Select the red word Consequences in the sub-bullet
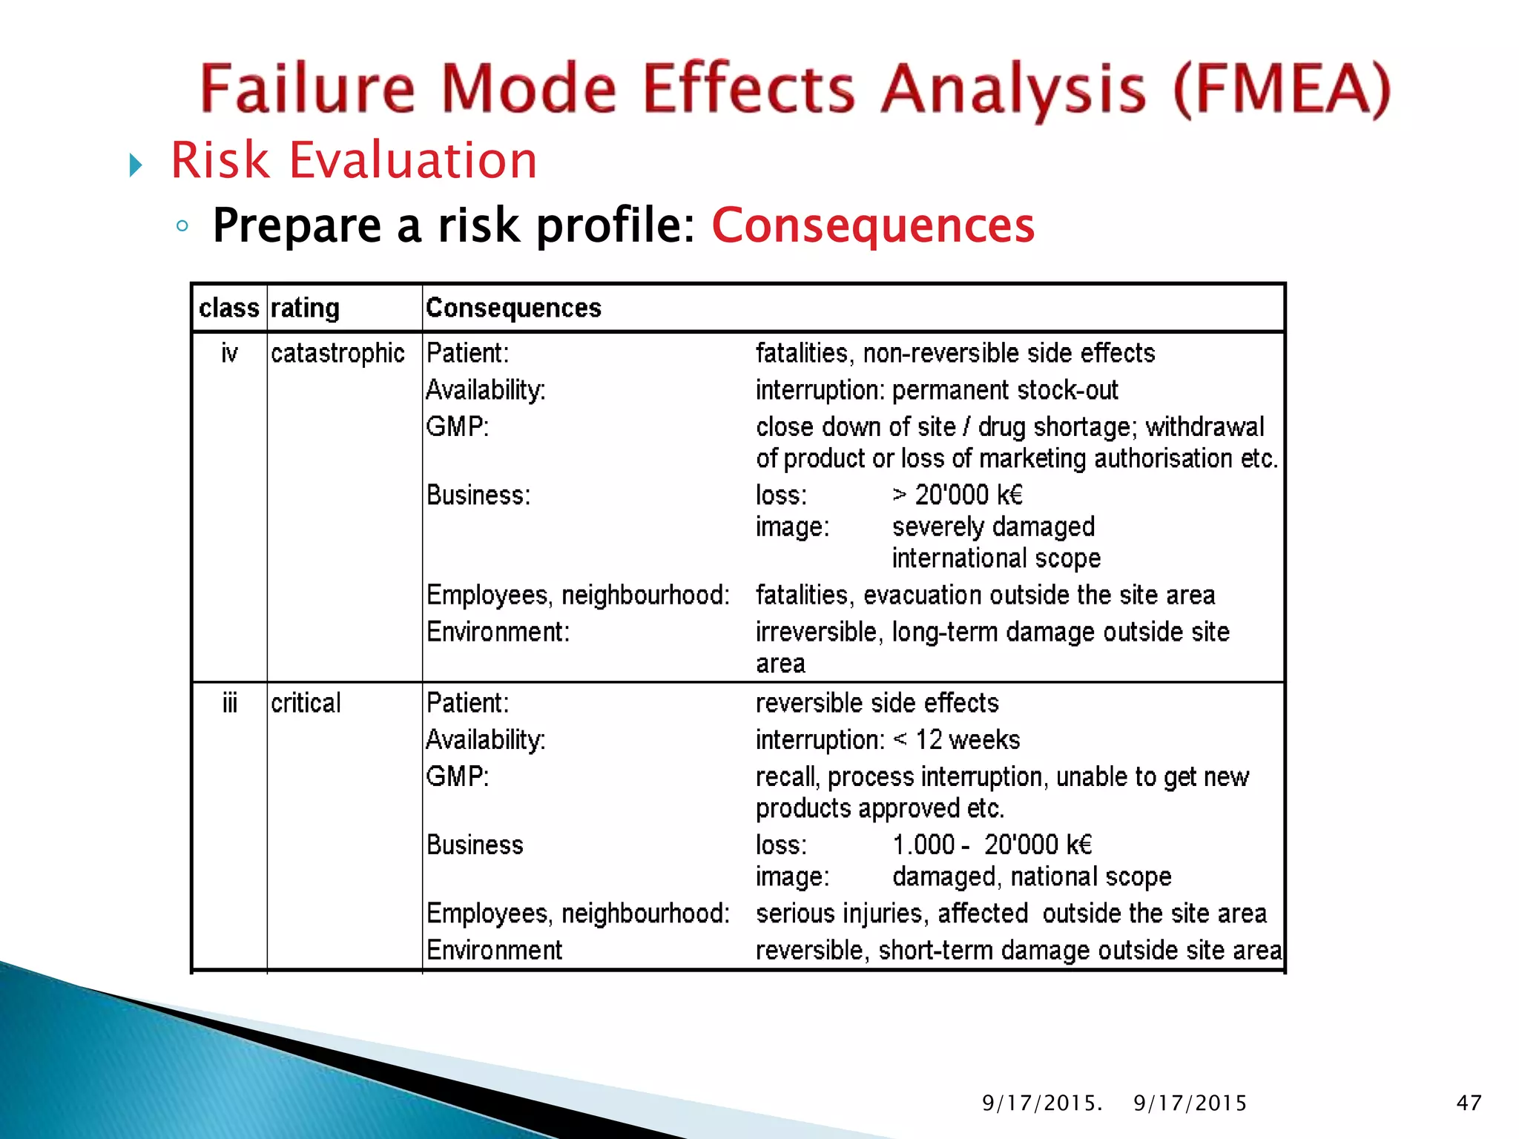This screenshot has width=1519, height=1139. coord(873,225)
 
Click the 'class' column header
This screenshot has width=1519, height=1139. coord(229,308)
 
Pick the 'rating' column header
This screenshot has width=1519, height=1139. coord(305,308)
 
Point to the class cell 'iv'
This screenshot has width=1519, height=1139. coord(229,353)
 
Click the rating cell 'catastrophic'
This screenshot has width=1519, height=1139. coord(337,353)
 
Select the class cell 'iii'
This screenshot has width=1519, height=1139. coord(229,703)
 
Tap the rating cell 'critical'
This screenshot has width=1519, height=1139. coord(306,703)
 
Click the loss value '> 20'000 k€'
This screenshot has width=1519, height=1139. coord(958,495)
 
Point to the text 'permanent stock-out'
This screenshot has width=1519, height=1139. coord(1005,390)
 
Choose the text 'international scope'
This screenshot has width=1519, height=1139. coord(996,558)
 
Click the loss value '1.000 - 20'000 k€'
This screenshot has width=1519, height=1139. coord(992,845)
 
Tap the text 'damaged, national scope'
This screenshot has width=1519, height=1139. coord(1032,876)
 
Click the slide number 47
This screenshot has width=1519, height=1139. coord(1469,1103)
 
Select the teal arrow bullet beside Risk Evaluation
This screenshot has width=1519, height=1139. coord(135,165)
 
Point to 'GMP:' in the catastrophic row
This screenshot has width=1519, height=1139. coord(458,427)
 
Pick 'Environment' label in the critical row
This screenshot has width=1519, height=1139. coord(494,950)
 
